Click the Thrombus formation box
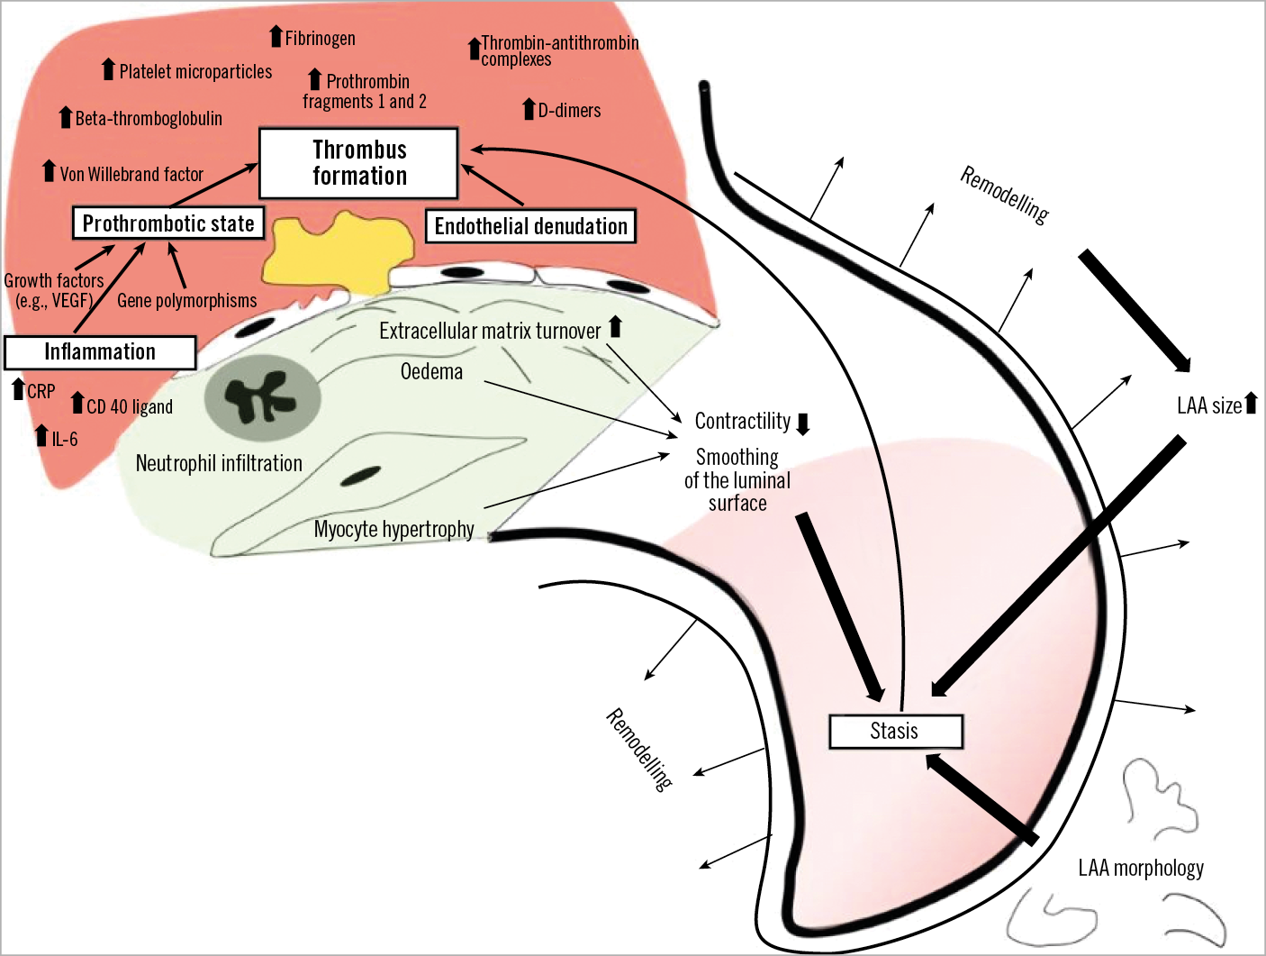coord(358,163)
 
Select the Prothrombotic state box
coord(168,223)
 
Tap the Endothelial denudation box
coord(530,226)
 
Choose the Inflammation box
coord(100,352)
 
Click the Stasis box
coord(895,731)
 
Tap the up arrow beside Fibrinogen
coord(276,36)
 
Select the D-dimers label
coord(569,111)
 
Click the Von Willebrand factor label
coord(131,174)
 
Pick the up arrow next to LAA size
coord(1250,404)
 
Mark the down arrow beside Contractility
coord(803,423)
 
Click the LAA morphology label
coord(1141,868)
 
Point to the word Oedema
coord(431,371)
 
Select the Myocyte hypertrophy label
coord(393,529)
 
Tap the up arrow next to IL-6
coord(41,436)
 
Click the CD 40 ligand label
coord(130,407)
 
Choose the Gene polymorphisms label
coord(186,301)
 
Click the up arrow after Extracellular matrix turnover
coord(615,327)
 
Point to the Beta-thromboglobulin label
coord(149,119)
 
